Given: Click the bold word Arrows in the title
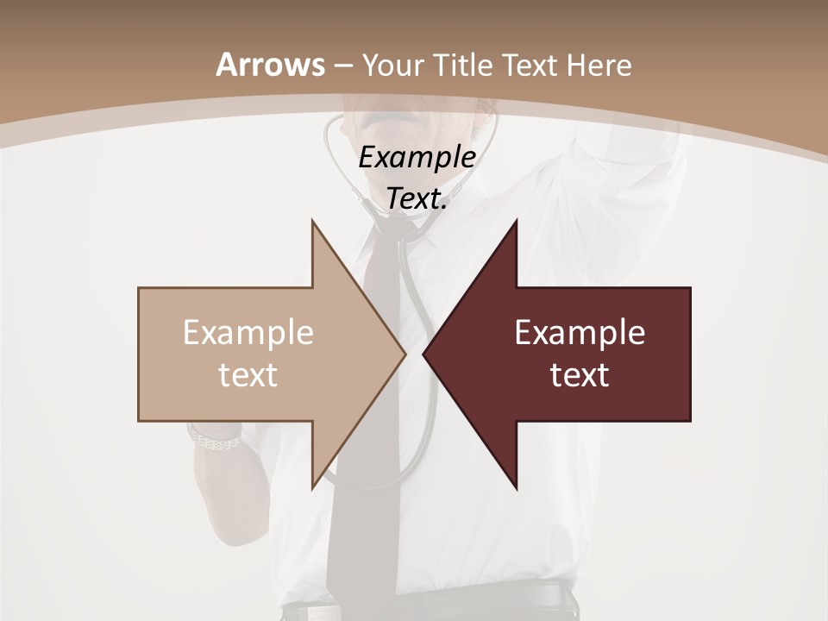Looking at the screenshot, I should coord(270,65).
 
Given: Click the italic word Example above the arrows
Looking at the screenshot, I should coord(417,157).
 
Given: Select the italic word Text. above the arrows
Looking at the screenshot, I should coord(417,198).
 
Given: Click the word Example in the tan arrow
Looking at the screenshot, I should coord(248,333).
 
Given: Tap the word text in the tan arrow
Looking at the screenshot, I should coord(248,375).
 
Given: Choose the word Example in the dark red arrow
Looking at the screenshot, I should coord(580,333).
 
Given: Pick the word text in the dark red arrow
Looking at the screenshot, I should coord(580,375).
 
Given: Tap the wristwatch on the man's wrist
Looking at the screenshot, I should coord(214,440).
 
